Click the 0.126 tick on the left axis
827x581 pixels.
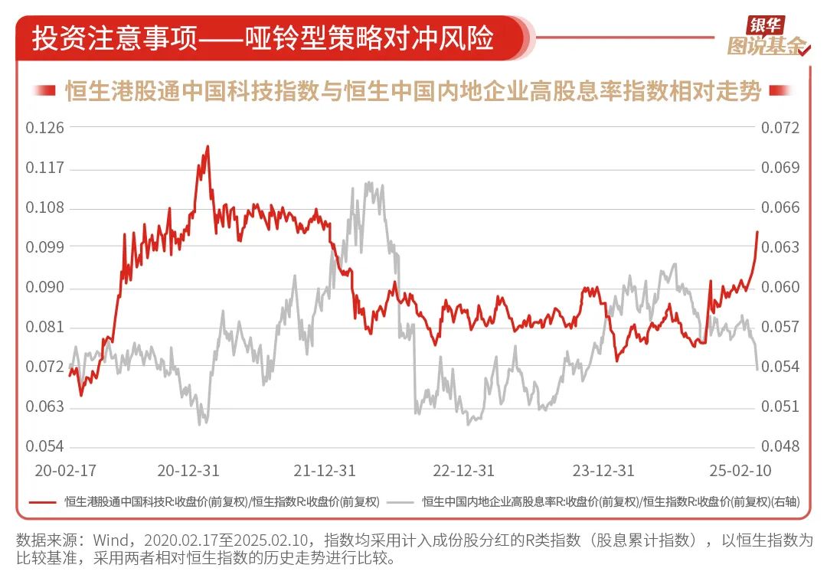(44, 127)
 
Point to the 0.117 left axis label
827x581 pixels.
(44, 168)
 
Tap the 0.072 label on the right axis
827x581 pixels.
(780, 127)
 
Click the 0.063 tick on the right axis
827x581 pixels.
(780, 247)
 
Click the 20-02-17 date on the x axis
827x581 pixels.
(61, 469)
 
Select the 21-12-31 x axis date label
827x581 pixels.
(325, 469)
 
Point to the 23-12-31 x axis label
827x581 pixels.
(603, 469)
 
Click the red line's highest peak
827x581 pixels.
(208, 146)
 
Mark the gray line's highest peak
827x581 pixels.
(369, 182)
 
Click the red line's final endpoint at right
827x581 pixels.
(757, 232)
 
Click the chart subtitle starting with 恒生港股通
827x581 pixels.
(413, 92)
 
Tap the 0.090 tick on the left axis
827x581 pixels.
(44, 288)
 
